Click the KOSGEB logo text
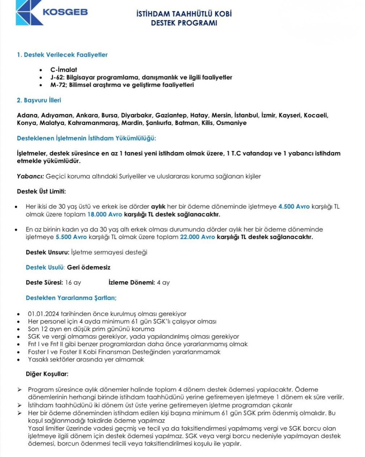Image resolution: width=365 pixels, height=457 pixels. (x=65, y=12)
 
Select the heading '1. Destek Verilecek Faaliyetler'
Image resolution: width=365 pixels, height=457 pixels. (x=62, y=55)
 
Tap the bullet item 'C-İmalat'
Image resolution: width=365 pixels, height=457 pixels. (x=64, y=70)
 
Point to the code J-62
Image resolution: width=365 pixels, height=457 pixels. (x=57, y=77)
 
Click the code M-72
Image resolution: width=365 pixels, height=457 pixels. (x=58, y=85)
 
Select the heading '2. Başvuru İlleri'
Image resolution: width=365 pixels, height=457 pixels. (x=39, y=100)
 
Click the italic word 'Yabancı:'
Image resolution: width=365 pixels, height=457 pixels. (x=30, y=176)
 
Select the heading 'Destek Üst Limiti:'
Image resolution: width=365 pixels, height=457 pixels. (x=41, y=191)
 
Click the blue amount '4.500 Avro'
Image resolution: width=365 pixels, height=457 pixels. (x=294, y=207)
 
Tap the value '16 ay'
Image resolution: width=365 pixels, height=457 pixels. (x=73, y=283)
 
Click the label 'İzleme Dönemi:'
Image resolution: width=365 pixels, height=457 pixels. (x=132, y=283)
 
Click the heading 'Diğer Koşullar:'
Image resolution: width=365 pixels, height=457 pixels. (x=47, y=374)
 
